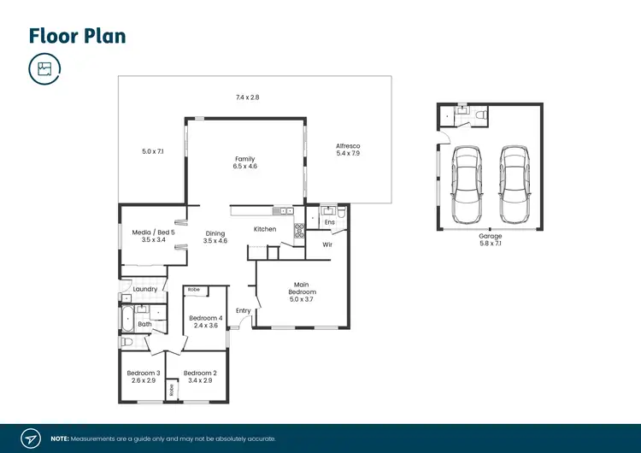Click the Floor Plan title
click(78, 35)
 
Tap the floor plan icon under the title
click(44, 69)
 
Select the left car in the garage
click(466, 185)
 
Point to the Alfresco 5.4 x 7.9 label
click(349, 150)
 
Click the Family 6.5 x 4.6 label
click(244, 162)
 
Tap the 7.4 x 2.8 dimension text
click(247, 97)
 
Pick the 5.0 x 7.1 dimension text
click(152, 151)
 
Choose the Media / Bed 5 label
click(153, 236)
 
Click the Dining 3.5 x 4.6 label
click(215, 238)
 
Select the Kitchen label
click(265, 229)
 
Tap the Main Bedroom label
click(301, 291)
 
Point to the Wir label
click(326, 244)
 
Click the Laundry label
click(144, 289)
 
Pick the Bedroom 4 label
click(207, 321)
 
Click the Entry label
click(244, 310)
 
